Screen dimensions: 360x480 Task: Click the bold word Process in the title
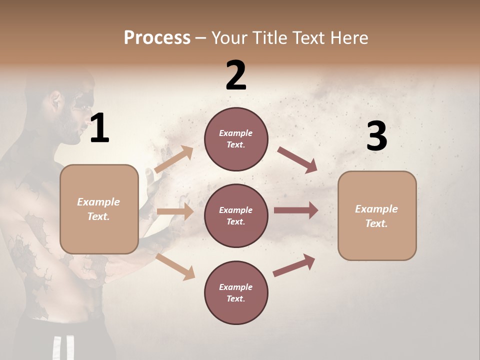157,37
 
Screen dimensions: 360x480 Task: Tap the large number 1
99,128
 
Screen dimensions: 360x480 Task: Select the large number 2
236,75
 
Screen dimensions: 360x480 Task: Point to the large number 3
376,136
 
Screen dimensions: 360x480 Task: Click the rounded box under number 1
99,209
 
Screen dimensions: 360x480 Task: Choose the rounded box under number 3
377,215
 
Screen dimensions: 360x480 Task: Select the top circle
236,139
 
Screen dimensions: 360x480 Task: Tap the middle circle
236,215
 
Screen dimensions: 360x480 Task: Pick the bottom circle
236,292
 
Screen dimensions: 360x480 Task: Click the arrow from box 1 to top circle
174,159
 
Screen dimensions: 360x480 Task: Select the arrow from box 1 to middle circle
175,211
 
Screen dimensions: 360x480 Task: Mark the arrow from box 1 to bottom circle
175,266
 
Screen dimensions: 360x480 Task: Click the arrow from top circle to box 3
297,159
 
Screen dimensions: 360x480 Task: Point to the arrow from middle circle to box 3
295,210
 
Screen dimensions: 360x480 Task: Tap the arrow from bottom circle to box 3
294,265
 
